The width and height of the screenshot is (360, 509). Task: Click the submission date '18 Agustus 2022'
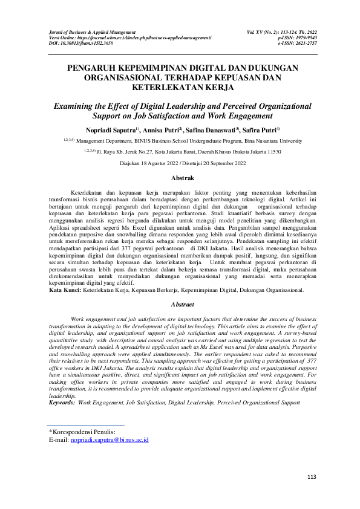(x=156, y=163)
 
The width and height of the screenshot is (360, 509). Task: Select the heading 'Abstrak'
(x=183, y=179)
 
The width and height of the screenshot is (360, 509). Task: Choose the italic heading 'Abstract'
(x=183, y=305)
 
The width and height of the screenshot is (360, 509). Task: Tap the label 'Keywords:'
(x=62, y=401)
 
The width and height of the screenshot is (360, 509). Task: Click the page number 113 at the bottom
(x=312, y=478)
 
